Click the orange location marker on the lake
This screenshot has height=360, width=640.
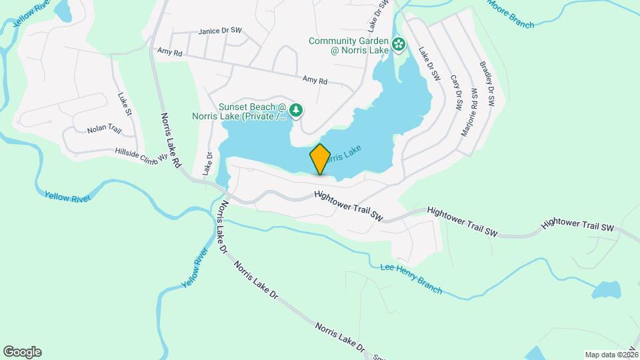click(x=320, y=159)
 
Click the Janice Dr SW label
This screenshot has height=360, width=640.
click(x=221, y=31)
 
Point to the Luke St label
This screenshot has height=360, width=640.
click(x=125, y=105)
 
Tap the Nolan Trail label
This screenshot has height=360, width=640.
click(x=102, y=128)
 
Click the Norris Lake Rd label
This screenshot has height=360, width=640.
click(x=171, y=141)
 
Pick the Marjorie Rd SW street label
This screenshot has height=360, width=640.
click(x=469, y=111)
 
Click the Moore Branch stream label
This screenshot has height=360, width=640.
click(x=511, y=14)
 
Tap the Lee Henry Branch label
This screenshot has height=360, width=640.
click(x=411, y=277)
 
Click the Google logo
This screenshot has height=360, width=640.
click(x=22, y=351)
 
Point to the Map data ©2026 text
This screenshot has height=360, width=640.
click(x=611, y=355)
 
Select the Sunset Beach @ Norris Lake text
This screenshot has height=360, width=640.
click(x=252, y=112)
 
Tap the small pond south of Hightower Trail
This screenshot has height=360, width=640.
click(x=607, y=290)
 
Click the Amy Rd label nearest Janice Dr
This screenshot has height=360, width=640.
click(x=170, y=51)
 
